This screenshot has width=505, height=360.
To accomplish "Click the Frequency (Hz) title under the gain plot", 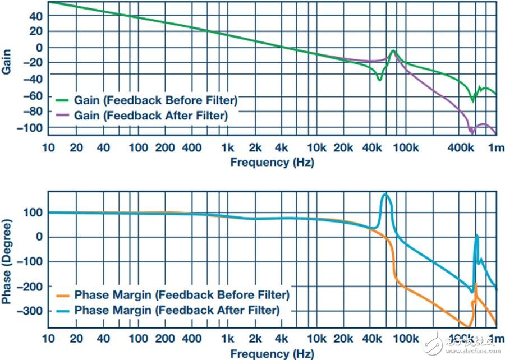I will pyautogui.click(x=272, y=163).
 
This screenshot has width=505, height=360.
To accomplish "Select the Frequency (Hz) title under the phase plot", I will pyautogui.click(x=272, y=354).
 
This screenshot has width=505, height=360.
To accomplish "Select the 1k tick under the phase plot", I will pyautogui.click(x=227, y=339).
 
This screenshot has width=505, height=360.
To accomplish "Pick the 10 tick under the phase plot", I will pyautogui.click(x=49, y=339).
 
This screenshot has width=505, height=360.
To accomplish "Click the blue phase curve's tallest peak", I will pyautogui.click(x=385, y=194).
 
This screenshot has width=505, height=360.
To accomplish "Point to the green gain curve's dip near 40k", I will pyautogui.click(x=379, y=80).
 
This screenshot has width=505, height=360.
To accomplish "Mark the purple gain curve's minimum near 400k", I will pyautogui.click(x=472, y=132).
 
